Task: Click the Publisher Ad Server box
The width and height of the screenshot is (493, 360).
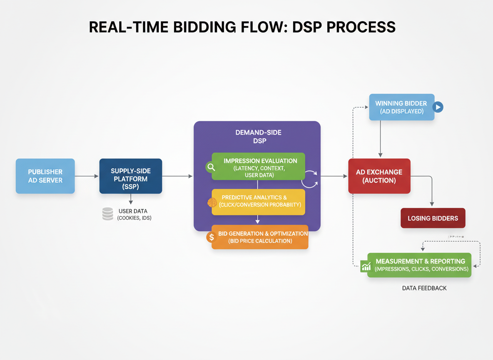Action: click(45, 176)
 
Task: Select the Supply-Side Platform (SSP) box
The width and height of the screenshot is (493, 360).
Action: click(130, 176)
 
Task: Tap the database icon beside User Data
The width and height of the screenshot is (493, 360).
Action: click(108, 214)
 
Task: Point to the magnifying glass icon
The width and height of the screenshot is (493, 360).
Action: click(211, 167)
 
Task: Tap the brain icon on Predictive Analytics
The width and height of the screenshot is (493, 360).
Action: click(212, 203)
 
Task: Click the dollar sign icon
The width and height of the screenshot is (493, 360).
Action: click(212, 237)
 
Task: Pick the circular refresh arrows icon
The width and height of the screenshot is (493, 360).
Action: click(309, 179)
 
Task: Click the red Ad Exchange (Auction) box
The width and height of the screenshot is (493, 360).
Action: click(379, 176)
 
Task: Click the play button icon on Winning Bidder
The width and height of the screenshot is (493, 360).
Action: click(438, 107)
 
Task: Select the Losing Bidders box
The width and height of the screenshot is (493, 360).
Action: click(433, 218)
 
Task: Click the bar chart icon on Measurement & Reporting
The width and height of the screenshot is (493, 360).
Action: click(366, 266)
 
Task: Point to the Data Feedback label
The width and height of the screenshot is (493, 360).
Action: click(424, 288)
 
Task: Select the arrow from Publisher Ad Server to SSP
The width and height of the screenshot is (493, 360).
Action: click(87, 176)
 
